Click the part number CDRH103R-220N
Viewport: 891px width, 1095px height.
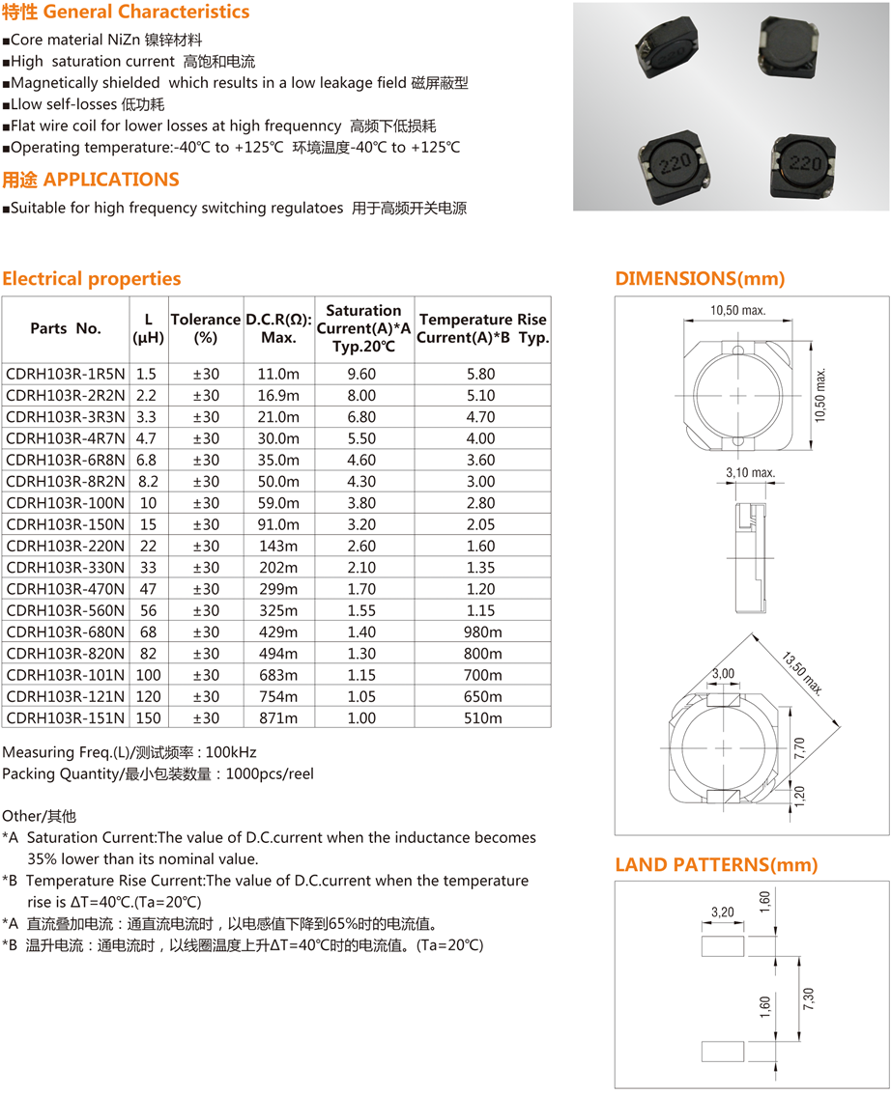(65, 546)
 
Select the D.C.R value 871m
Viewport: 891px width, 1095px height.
(278, 718)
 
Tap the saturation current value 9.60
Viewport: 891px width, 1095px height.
(361, 374)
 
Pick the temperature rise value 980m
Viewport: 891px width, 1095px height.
(482, 632)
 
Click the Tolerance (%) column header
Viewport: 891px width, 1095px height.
(205, 328)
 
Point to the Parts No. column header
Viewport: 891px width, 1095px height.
(66, 328)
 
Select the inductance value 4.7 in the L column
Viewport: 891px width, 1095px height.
(146, 438)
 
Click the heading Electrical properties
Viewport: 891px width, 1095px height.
(92, 279)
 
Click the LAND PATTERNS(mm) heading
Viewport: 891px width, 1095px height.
(716, 865)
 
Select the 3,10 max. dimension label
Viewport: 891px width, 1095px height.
(750, 473)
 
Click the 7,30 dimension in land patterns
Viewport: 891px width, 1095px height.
(808, 998)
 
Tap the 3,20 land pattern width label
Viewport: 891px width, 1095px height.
(722, 912)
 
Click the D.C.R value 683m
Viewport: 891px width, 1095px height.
(278, 675)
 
